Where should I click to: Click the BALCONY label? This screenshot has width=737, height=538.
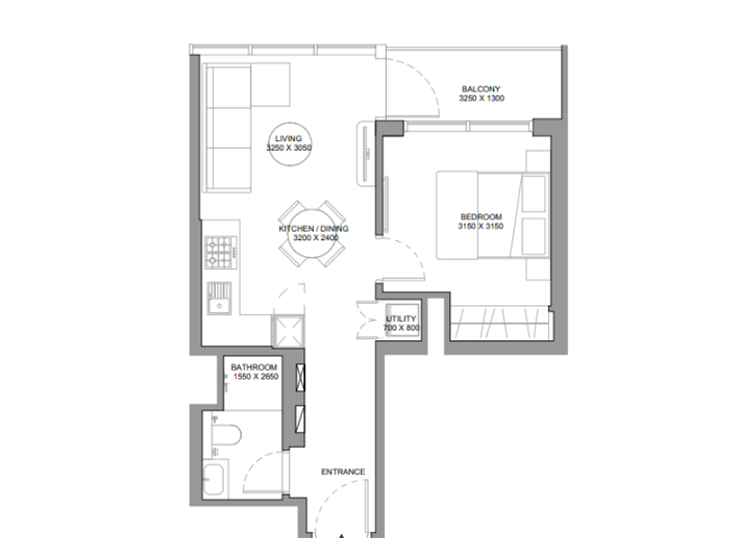[x=481, y=89]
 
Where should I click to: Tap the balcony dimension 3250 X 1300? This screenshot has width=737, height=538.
[x=481, y=99]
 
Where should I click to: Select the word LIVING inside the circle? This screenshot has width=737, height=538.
[x=289, y=139]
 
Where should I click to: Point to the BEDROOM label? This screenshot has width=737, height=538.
[x=481, y=217]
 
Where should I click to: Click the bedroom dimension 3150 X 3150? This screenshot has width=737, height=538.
[x=481, y=227]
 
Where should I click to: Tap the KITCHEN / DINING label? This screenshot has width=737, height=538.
[x=313, y=229]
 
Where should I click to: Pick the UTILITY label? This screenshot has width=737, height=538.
[x=401, y=319]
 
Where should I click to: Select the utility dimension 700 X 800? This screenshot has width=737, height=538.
[x=401, y=329]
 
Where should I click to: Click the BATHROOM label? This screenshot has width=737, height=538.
[x=254, y=368]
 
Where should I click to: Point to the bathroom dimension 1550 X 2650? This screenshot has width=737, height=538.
[x=254, y=378]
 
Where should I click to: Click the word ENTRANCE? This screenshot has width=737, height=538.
[x=343, y=472]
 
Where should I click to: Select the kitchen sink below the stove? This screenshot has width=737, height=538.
[x=220, y=300]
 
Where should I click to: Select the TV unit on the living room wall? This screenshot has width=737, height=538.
[x=366, y=153]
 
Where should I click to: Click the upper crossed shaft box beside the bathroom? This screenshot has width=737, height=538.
[x=300, y=378]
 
